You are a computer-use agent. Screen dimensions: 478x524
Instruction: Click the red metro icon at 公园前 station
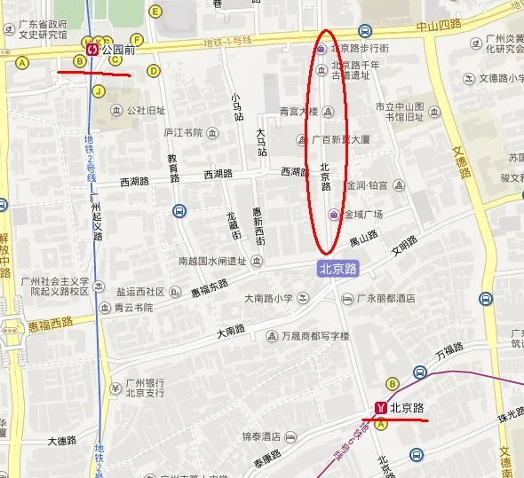point(93,51)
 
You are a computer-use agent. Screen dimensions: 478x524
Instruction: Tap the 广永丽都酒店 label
point(385,299)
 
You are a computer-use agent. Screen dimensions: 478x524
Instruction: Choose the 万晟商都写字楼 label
point(315,336)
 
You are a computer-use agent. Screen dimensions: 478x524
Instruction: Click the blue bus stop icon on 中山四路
point(365,31)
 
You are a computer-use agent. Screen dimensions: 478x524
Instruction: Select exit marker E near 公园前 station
point(156,12)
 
